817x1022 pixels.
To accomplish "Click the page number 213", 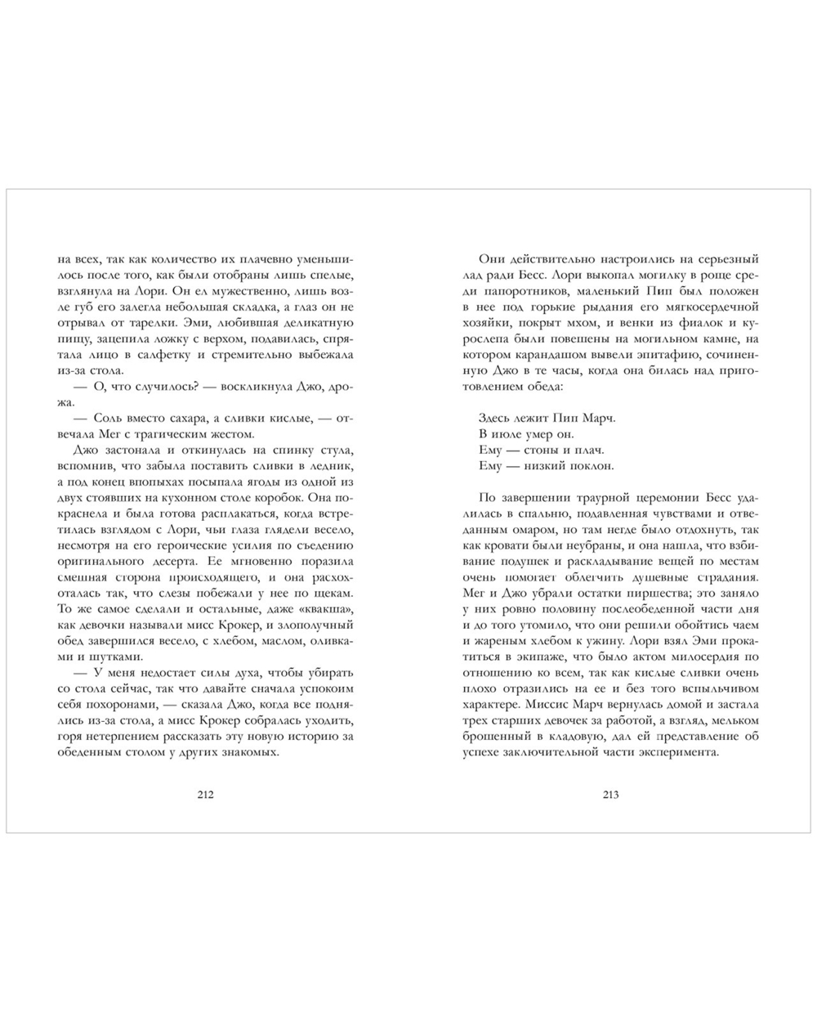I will (x=610, y=795).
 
